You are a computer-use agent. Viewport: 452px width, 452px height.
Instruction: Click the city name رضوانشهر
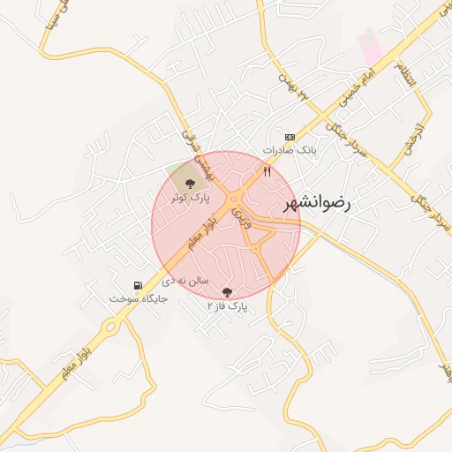tap(317, 204)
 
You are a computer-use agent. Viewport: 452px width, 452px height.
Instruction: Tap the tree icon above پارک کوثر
tap(190, 184)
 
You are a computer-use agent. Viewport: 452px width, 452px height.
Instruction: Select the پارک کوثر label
tap(192, 200)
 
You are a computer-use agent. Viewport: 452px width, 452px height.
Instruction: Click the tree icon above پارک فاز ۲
tap(227, 291)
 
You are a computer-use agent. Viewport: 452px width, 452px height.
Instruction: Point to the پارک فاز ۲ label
tap(228, 306)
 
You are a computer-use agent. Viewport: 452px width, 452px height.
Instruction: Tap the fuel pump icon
tap(137, 285)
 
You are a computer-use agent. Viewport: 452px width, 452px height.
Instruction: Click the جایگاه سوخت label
tap(138, 299)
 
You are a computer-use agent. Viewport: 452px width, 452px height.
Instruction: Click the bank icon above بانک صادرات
tap(290, 137)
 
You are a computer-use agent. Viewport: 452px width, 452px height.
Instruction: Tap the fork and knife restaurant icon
tap(267, 171)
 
